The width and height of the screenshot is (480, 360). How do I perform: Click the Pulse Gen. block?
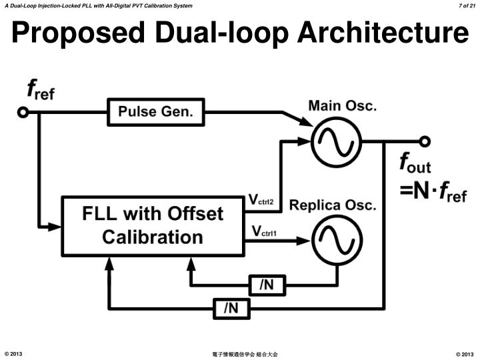[155, 112]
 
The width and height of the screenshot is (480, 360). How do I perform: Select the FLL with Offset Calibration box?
[153, 225]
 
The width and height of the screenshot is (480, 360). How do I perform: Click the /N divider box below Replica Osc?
[266, 285]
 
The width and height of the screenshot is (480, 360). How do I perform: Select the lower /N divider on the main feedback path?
[231, 308]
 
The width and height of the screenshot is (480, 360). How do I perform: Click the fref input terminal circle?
[23, 113]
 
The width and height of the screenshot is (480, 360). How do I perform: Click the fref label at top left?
[40, 91]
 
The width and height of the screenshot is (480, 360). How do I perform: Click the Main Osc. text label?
[343, 105]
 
